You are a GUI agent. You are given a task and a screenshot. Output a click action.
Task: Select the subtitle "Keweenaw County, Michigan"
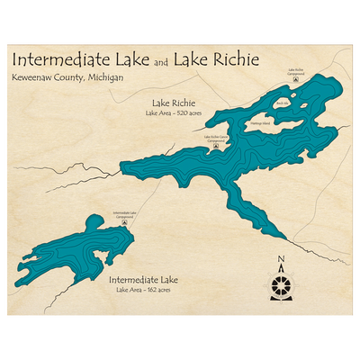[x=67, y=78]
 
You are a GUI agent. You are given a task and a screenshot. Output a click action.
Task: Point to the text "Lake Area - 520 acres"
[x=175, y=114]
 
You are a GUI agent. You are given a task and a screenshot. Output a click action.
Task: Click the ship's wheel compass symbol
[x=281, y=285]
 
